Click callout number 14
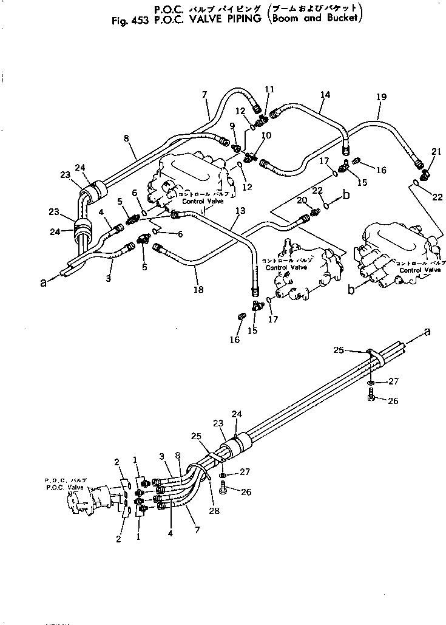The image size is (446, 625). (x=325, y=95)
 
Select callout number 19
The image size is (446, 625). (x=381, y=114)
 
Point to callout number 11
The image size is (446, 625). (x=269, y=89)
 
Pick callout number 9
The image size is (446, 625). (x=232, y=126)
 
